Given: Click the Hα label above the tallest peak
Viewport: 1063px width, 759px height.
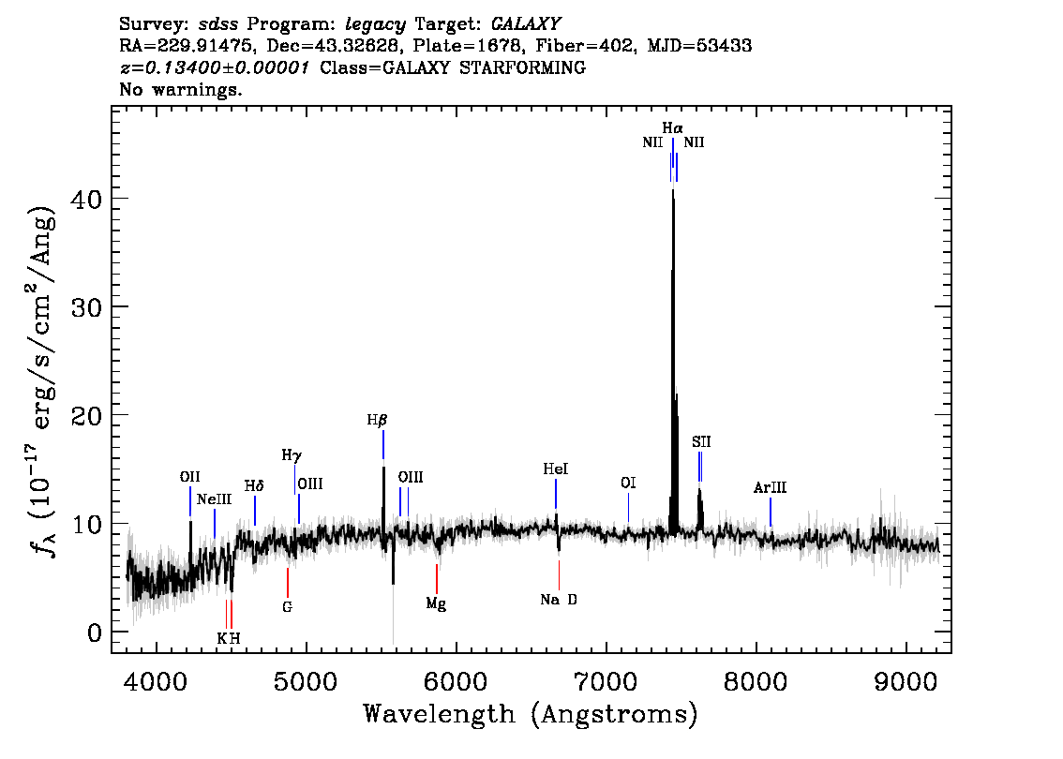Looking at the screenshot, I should click(x=672, y=127).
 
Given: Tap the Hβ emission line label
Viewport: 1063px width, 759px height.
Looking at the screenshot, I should click(x=377, y=421).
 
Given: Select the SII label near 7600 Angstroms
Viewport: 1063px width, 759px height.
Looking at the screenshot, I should click(x=701, y=441).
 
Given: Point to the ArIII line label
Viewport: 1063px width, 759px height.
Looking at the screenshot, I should click(x=770, y=488).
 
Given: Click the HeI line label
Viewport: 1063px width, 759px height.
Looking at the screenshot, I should click(x=556, y=469).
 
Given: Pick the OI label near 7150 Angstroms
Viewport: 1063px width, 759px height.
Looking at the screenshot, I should click(x=628, y=484).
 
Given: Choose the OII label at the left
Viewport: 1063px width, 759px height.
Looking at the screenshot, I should click(x=190, y=477).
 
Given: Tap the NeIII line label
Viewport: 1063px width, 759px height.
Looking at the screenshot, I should click(x=214, y=499).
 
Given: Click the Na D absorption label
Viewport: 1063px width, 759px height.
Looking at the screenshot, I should click(x=559, y=600).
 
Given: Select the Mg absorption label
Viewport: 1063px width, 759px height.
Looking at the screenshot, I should click(x=436, y=603).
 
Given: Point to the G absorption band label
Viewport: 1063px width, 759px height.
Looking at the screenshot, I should click(x=287, y=606).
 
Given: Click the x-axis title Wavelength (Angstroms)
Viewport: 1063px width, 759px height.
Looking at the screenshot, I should click(x=531, y=715).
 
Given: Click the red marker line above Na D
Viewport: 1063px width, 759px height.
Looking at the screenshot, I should click(x=559, y=573).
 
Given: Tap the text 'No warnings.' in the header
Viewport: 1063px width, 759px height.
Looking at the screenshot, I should click(x=181, y=91).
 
